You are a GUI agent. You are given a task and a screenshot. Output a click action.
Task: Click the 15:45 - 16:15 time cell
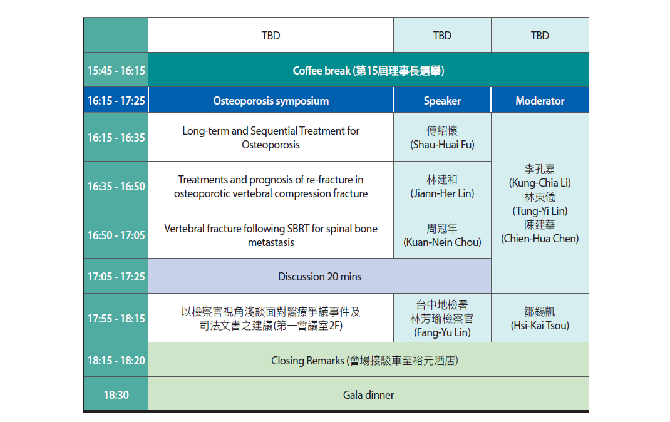click(116, 69)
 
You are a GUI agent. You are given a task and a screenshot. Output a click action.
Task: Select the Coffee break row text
click(368, 71)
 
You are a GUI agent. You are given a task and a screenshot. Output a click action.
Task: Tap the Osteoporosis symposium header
click(271, 101)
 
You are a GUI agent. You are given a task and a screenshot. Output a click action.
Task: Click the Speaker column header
click(442, 101)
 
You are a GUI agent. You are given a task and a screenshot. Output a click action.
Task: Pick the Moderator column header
click(540, 101)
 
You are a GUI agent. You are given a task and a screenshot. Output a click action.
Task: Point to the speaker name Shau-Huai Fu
click(442, 145)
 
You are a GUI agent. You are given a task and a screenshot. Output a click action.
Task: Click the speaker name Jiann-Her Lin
click(442, 193)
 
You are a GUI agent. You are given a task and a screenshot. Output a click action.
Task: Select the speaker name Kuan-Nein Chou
click(442, 242)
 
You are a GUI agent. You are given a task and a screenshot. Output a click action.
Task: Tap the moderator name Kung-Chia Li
click(540, 183)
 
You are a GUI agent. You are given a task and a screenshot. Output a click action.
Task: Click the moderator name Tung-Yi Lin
click(540, 210)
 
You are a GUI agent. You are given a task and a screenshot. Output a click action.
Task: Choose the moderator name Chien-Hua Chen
click(540, 239)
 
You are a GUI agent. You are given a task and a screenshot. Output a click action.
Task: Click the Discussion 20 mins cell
click(319, 276)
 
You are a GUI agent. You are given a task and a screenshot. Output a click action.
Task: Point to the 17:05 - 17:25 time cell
click(116, 276)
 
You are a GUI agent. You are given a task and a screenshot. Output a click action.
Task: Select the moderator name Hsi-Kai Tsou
click(540, 326)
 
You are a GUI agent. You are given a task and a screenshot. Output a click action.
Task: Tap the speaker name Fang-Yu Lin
click(442, 332)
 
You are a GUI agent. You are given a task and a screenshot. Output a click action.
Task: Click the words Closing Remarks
click(307, 361)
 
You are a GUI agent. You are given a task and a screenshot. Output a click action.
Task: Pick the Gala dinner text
click(368, 395)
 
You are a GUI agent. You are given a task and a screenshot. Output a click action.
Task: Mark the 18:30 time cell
click(116, 394)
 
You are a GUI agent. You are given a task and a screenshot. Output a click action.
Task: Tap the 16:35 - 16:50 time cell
click(116, 186)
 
